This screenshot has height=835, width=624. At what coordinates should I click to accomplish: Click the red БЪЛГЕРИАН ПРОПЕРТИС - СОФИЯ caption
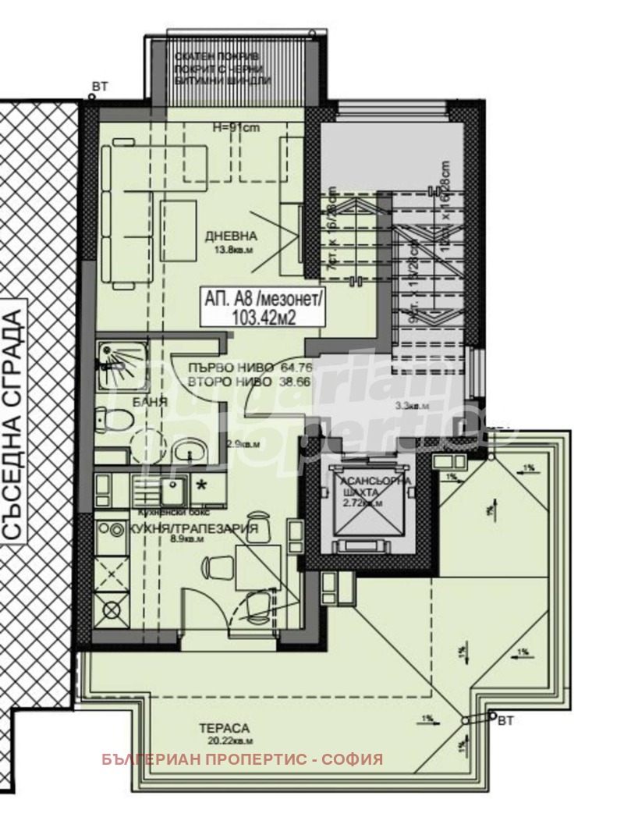(242, 759)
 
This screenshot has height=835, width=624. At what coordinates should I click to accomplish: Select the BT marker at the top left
(101, 86)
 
